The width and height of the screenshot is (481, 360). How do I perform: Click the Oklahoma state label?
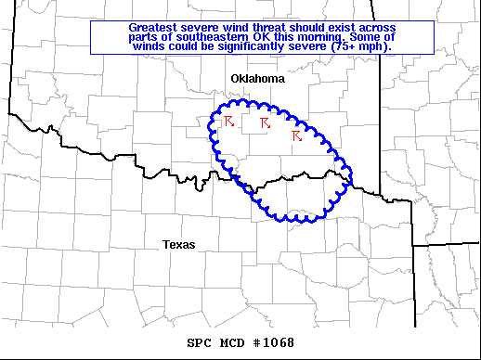[x=257, y=80]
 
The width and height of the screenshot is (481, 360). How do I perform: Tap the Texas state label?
[x=178, y=244]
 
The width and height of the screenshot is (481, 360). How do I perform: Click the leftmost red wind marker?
[x=229, y=121]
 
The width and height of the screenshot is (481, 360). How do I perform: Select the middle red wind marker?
[x=265, y=122]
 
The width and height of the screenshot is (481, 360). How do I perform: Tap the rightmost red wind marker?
[x=296, y=136]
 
